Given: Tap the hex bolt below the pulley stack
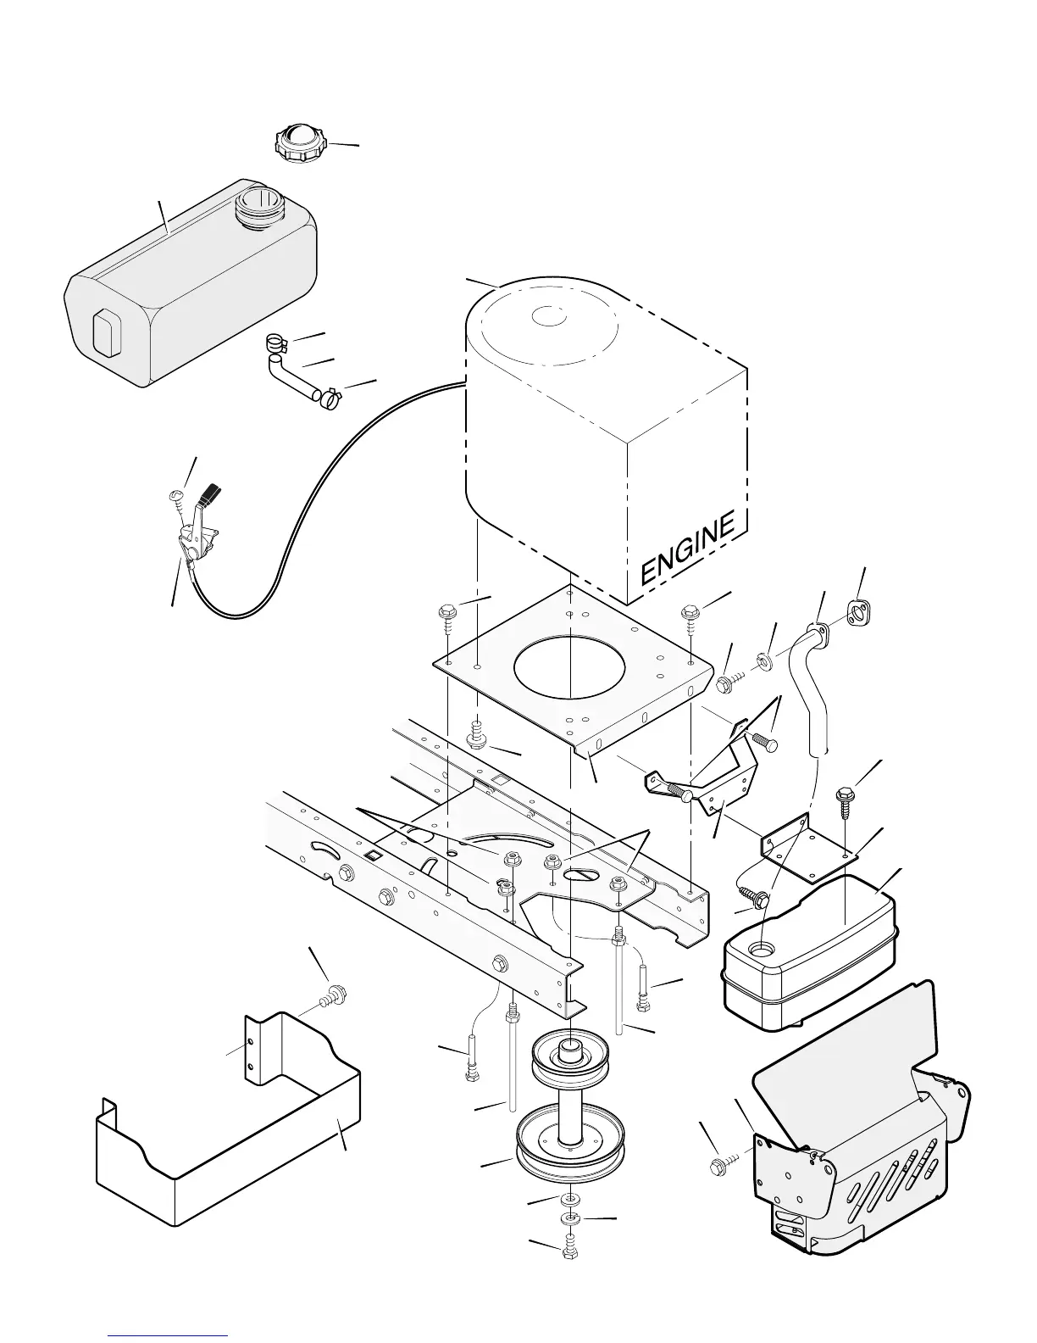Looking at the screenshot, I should (569, 1251).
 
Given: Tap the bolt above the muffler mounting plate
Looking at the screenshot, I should (845, 797).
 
